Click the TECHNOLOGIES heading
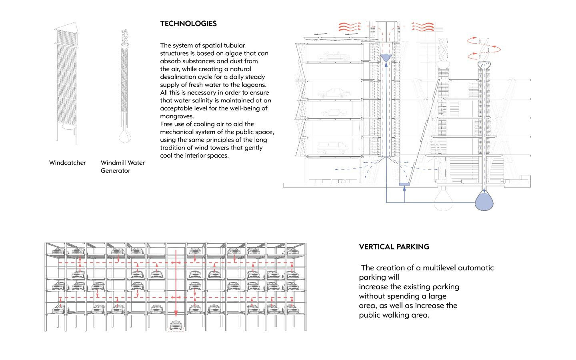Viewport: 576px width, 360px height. tap(188, 24)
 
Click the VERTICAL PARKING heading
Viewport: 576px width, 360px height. tap(394, 247)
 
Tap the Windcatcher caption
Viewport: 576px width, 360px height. tap(68, 163)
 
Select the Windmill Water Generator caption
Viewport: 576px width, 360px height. tap(123, 166)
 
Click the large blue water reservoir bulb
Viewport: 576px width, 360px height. tap(484, 201)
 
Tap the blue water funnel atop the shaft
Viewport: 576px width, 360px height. tap(386, 58)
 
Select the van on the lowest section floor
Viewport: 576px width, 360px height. tap(332, 148)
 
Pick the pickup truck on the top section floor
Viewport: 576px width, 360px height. tap(334, 56)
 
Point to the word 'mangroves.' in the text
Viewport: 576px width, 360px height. tap(177, 116)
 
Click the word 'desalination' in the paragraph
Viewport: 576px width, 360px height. tap(178, 77)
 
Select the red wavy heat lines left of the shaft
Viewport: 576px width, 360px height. tap(350, 26)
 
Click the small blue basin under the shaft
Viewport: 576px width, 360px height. tap(404, 184)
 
